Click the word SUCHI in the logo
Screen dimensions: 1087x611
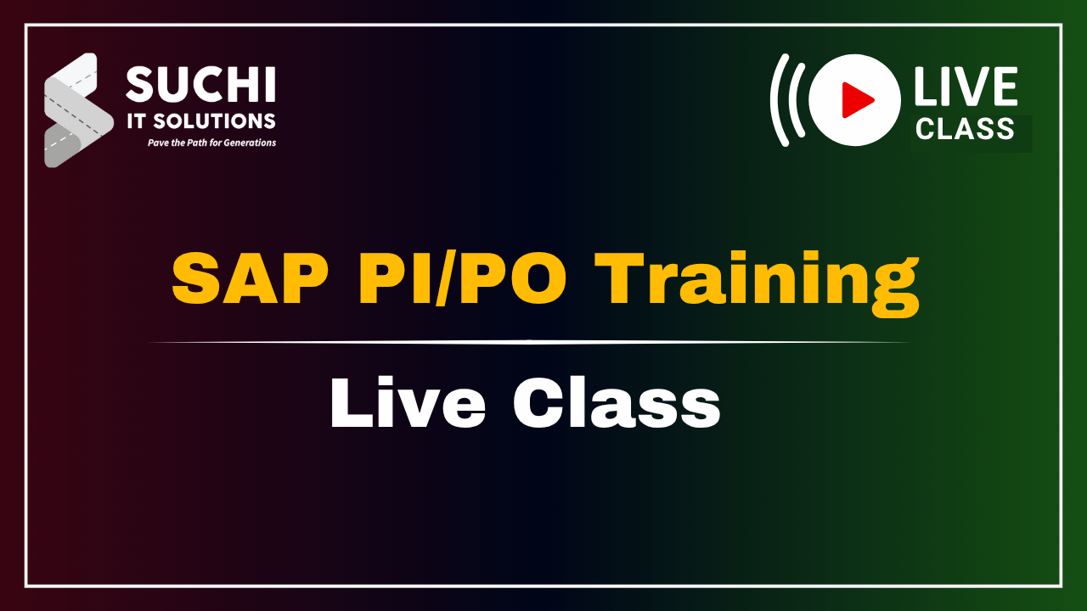pyautogui.click(x=200, y=84)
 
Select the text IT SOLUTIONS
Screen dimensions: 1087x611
pyautogui.click(x=201, y=121)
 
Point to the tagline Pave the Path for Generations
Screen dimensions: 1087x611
pyautogui.click(x=211, y=143)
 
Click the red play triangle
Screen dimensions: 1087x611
pyautogui.click(x=856, y=100)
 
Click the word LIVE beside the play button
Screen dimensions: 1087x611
pyautogui.click(x=966, y=87)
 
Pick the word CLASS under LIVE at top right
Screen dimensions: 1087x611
pyautogui.click(x=965, y=128)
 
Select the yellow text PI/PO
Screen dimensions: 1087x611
pyautogui.click(x=463, y=278)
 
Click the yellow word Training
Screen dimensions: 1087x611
pyautogui.click(x=757, y=283)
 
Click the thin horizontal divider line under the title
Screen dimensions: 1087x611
pyautogui.click(x=529, y=342)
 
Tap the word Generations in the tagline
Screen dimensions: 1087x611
pyautogui.click(x=250, y=143)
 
